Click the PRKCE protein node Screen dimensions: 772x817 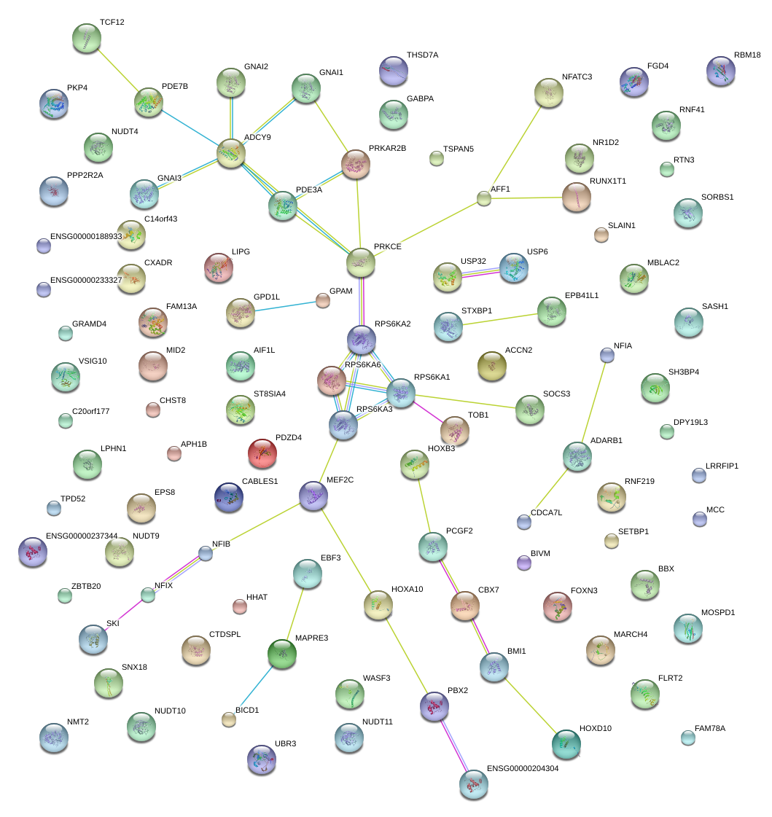pos(361,262)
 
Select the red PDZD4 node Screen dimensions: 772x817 pos(263,453)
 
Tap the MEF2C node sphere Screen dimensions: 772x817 pos(313,496)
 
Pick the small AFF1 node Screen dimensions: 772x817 pos(484,198)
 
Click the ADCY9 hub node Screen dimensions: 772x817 pos(231,153)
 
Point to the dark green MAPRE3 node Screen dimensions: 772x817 pos(282,654)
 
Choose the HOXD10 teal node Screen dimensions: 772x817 pos(566,743)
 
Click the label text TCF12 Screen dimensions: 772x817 pos(112,23)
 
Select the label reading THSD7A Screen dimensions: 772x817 pos(422,55)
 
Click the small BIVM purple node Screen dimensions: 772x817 pos(523,562)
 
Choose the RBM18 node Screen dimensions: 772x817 pos(721,71)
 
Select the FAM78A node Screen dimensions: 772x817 pos(688,738)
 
